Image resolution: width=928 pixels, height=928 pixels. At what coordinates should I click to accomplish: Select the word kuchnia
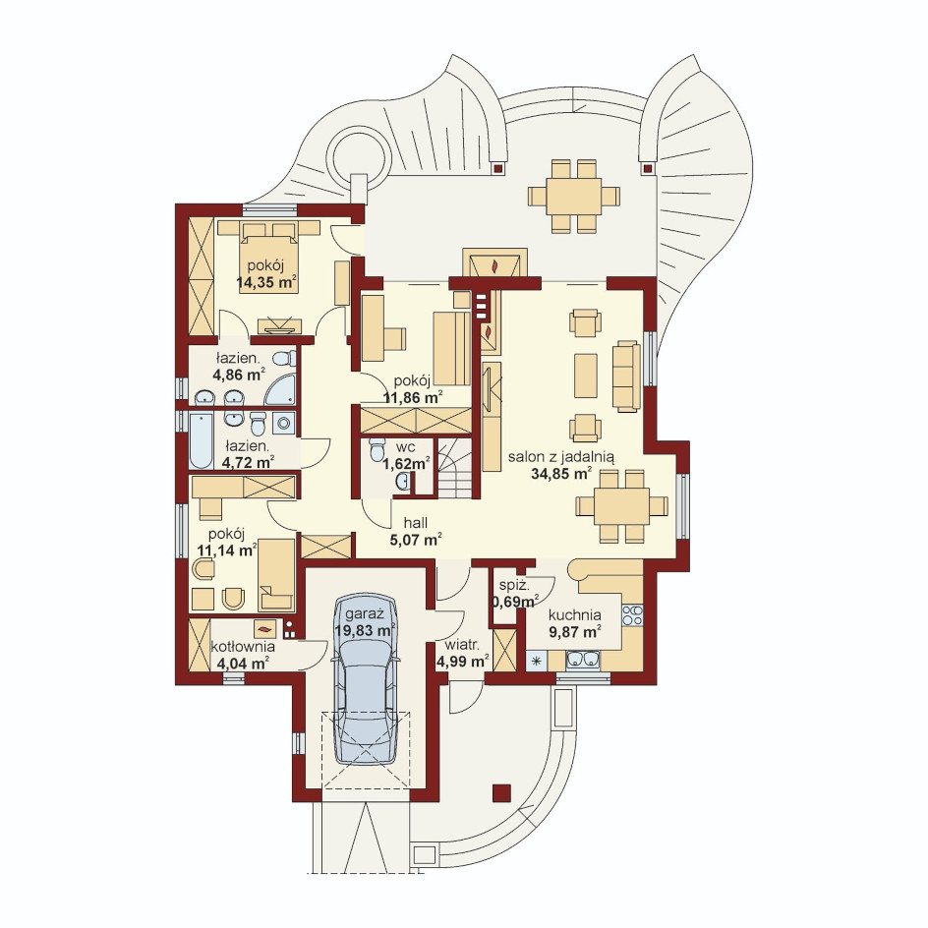[x=575, y=615]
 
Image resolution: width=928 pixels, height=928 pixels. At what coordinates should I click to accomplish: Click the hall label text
[x=416, y=523]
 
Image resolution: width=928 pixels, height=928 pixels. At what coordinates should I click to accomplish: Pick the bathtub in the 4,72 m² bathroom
[x=201, y=440]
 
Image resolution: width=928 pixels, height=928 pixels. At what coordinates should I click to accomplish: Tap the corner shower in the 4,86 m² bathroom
[x=279, y=389]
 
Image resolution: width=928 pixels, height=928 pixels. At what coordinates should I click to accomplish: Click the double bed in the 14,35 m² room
[x=268, y=258]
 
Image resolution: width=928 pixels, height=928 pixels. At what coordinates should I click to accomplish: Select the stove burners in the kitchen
[x=632, y=614]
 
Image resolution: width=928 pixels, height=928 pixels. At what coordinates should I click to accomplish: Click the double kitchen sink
[x=583, y=660]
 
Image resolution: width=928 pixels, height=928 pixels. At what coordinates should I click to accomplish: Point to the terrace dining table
[x=573, y=196]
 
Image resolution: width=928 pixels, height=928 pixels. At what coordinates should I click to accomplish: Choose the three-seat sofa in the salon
[x=626, y=376]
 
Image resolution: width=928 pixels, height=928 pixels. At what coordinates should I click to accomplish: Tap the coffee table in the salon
[x=586, y=376]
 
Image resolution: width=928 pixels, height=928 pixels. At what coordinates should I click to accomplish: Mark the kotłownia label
[x=243, y=646]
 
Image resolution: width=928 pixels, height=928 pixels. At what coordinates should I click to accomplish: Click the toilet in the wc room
[x=377, y=449]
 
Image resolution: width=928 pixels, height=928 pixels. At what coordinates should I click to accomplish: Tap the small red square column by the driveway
[x=502, y=793]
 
